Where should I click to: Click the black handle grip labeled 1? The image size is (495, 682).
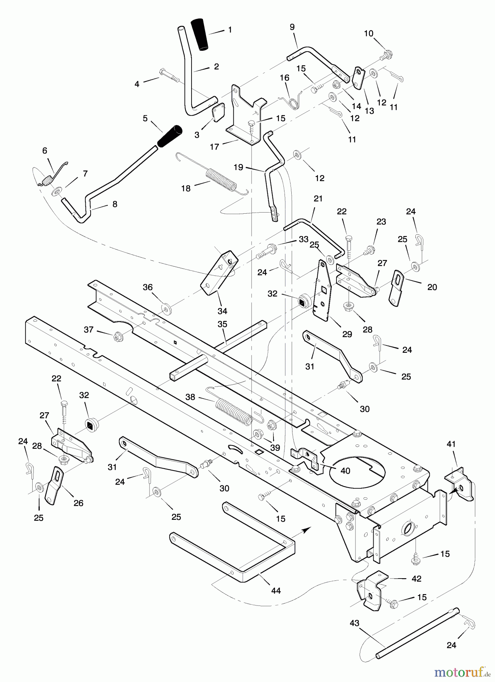[200, 34]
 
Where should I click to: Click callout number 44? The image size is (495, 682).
[276, 590]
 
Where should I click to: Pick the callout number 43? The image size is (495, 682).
[354, 623]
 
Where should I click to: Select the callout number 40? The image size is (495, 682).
[345, 471]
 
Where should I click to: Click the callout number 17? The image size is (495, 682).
[214, 146]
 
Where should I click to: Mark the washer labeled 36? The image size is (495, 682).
[166, 306]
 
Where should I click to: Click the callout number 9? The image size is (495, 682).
[292, 27]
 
